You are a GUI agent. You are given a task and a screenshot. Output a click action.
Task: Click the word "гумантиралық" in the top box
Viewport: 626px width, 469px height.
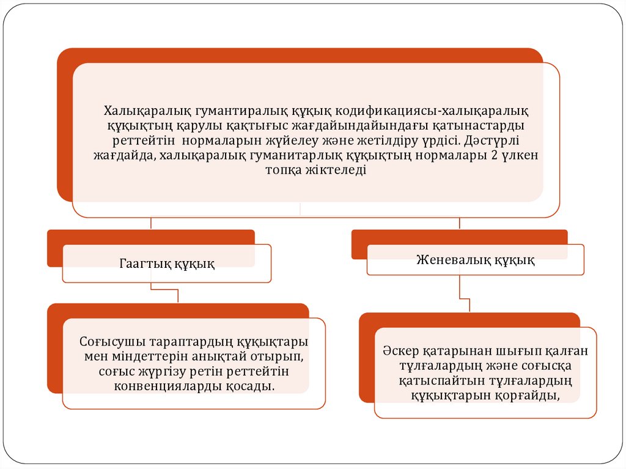(235, 111)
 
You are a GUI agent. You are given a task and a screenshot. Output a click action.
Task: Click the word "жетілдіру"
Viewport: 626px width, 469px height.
(385, 140)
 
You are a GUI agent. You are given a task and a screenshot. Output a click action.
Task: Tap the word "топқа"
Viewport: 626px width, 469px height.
(285, 170)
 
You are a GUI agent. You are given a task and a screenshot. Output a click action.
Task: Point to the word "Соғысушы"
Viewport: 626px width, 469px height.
(108, 342)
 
